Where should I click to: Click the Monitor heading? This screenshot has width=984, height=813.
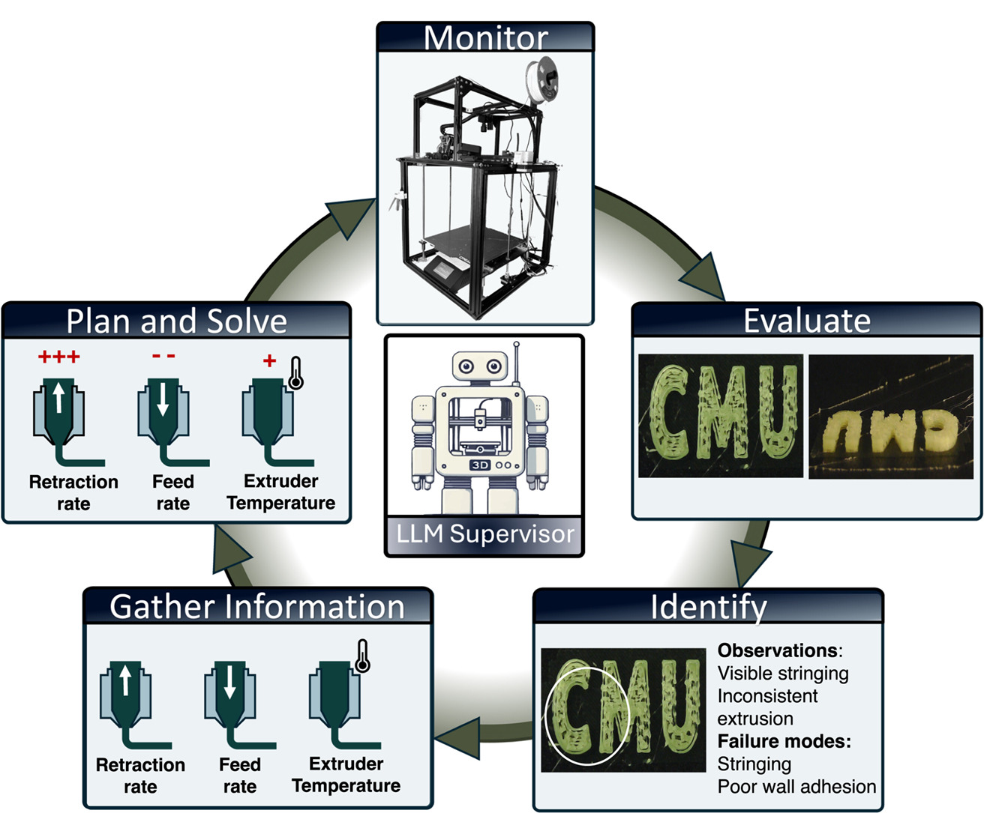coord(485,37)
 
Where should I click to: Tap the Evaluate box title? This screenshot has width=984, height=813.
coord(806,321)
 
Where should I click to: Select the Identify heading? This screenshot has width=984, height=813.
coord(708,607)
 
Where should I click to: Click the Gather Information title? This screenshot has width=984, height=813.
coord(257,607)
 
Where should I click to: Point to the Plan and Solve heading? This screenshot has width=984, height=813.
coord(176,321)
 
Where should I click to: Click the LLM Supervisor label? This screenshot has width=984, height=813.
coord(484,534)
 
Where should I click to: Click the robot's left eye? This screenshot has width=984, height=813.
coord(466,366)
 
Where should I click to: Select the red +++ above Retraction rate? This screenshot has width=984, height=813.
coord(59,357)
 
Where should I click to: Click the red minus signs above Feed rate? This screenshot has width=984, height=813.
coord(163,356)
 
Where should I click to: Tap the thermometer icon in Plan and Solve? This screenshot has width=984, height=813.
coord(295,372)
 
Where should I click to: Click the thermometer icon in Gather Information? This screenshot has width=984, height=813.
coord(362,656)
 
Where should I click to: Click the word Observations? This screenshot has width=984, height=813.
coord(777,650)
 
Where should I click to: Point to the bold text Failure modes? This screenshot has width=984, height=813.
coord(784,741)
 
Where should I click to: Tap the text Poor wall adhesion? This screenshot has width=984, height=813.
coord(796,787)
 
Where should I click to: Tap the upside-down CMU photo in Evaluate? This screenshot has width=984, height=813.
coord(890,416)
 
